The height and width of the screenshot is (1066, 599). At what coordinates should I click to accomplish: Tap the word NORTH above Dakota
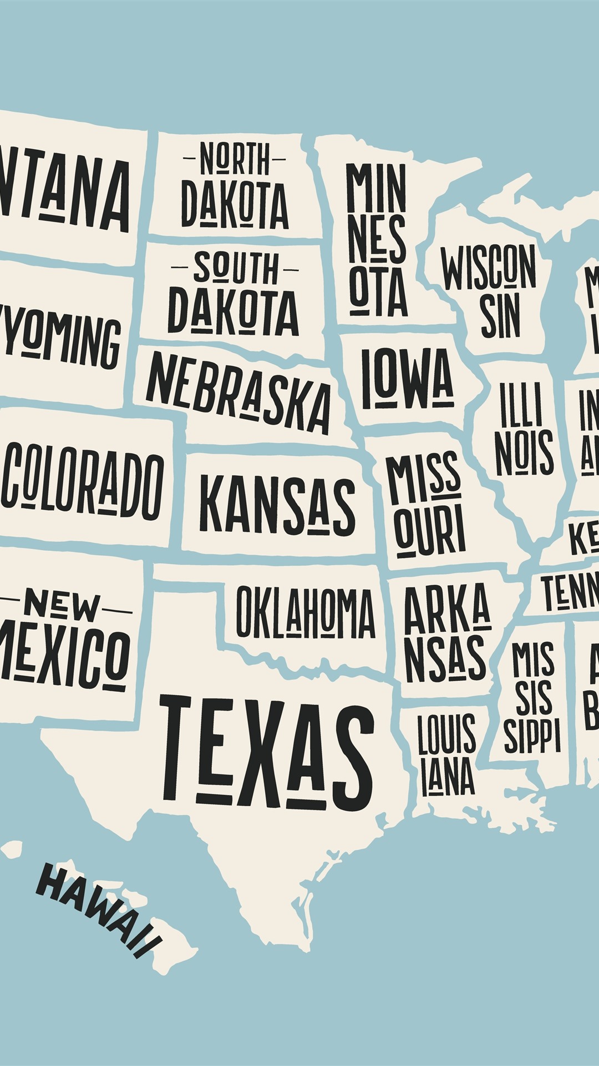pyautogui.click(x=235, y=159)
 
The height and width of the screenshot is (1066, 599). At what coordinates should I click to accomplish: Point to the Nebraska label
pyautogui.click(x=238, y=392)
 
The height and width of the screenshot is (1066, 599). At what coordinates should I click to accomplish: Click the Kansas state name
pyautogui.click(x=277, y=505)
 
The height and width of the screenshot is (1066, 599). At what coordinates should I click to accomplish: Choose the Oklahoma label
pyautogui.click(x=305, y=612)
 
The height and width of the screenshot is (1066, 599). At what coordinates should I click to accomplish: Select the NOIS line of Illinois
pyautogui.click(x=524, y=452)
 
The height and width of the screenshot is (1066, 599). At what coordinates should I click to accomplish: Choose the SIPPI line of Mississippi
pyautogui.click(x=532, y=736)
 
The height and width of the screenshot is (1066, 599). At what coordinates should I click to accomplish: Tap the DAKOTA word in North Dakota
pyautogui.click(x=235, y=204)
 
